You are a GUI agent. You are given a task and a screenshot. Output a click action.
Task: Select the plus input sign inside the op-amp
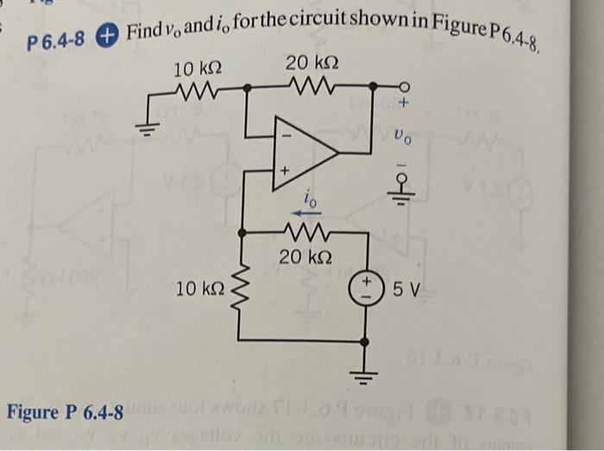(x=282, y=172)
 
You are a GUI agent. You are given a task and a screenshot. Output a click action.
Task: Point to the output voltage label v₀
(x=399, y=136)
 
